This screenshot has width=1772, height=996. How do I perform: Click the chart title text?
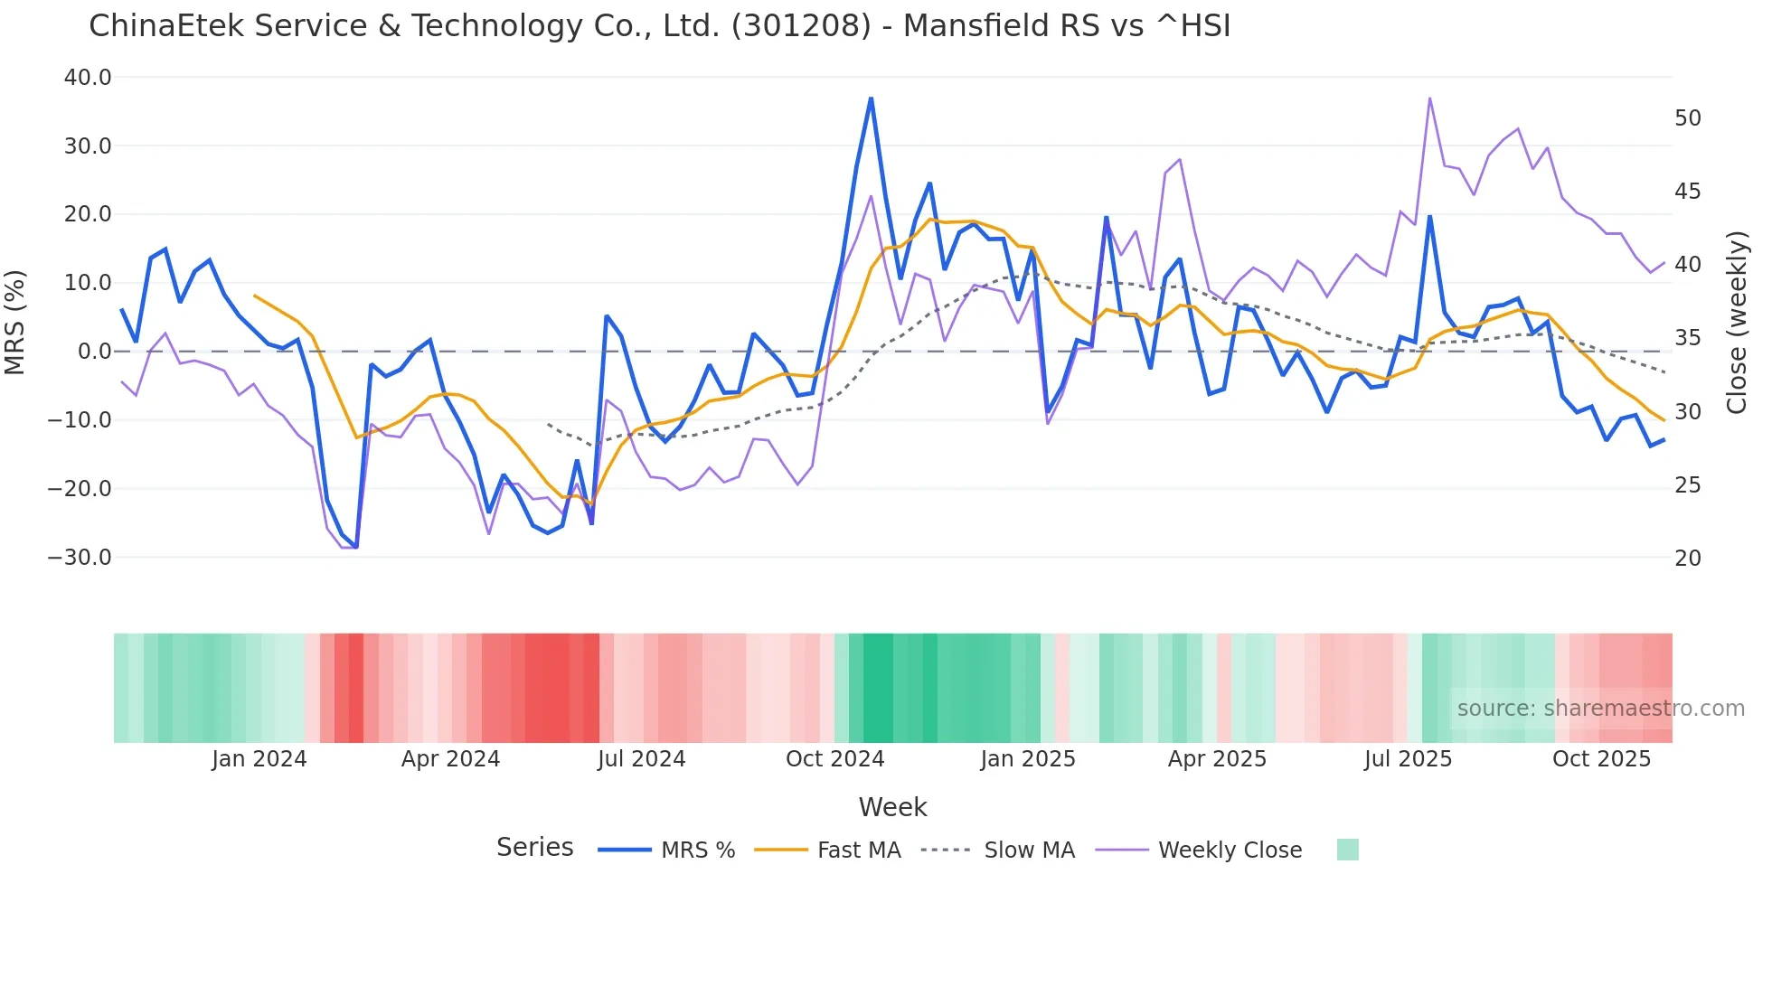click(659, 26)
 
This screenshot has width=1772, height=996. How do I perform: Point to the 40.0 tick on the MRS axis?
click(88, 78)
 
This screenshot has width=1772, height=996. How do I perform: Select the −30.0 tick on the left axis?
click(80, 558)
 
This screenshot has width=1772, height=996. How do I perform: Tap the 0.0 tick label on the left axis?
click(94, 352)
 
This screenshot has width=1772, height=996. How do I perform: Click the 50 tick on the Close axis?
click(1687, 118)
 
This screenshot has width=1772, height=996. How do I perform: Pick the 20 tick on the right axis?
click(1687, 559)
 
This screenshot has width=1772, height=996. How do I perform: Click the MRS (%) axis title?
click(15, 322)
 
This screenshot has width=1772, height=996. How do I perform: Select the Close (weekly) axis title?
click(1736, 322)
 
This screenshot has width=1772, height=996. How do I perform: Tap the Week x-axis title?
click(892, 807)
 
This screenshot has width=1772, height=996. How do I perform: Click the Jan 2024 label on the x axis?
click(259, 759)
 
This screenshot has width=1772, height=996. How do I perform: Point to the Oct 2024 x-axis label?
click(834, 759)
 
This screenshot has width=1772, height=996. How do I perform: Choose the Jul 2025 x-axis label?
click(1408, 759)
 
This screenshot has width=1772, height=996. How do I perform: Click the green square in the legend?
click(1347, 850)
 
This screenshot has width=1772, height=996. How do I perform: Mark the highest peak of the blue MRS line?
click(871, 99)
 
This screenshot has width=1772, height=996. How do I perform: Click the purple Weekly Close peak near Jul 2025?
click(1429, 99)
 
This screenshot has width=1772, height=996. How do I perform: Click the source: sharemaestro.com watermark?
click(1600, 709)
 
